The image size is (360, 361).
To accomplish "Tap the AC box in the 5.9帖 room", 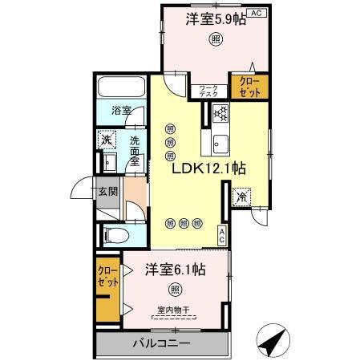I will tap(257, 14).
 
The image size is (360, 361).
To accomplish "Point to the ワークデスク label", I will tap(208, 89).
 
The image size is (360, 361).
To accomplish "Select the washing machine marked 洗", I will tap(107, 141).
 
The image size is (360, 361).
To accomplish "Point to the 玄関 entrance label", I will tap(107, 191).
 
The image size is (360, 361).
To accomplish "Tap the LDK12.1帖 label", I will tap(208, 169).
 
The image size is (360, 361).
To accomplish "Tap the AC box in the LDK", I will tap(222, 235).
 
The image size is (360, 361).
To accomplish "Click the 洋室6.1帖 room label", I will tap(175, 270).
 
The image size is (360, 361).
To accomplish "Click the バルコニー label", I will tap(161, 344).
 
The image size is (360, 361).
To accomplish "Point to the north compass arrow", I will tap(275, 341).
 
